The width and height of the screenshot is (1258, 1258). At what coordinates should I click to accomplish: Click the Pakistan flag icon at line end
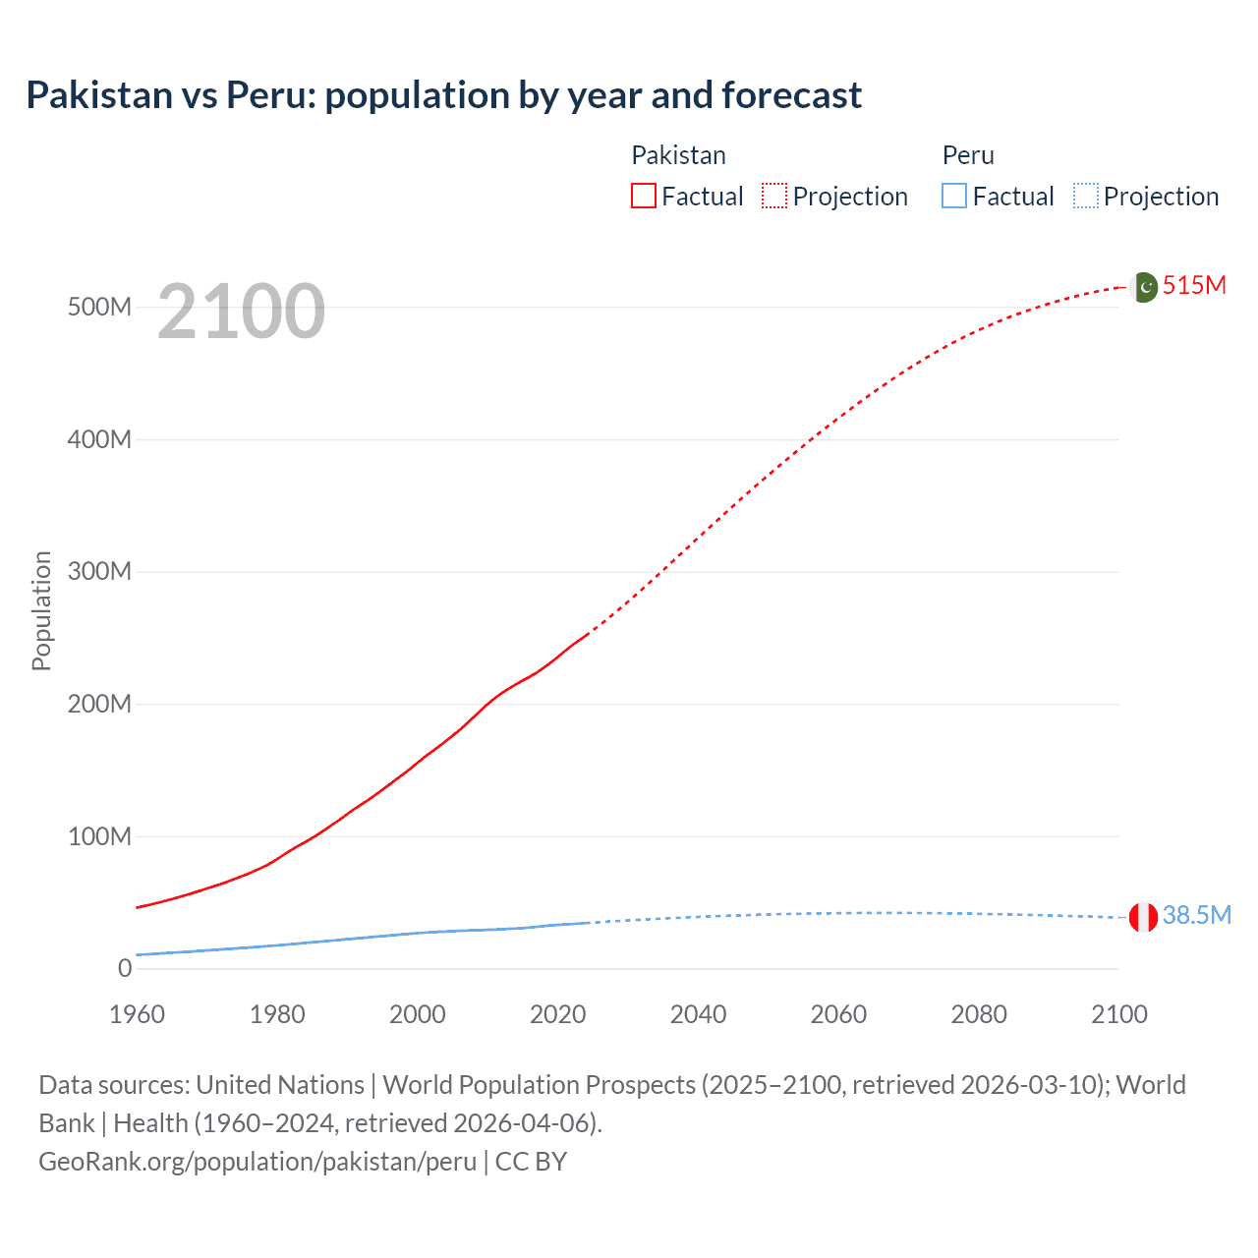[x=1143, y=287]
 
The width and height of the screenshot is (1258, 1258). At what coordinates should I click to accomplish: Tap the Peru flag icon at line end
[x=1143, y=917]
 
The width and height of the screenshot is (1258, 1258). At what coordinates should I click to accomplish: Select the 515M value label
[x=1194, y=286]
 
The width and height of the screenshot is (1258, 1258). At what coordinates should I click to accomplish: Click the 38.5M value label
[x=1196, y=916]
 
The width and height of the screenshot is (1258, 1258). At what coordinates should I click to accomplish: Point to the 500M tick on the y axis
[x=99, y=308]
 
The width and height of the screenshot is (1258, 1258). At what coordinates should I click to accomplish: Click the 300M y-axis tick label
[x=99, y=572]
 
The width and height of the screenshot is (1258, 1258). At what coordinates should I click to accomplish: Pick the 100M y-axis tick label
[x=99, y=837]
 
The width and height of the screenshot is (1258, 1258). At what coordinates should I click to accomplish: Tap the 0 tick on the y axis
[x=125, y=969]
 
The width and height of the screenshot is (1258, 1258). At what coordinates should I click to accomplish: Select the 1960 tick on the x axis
[x=137, y=1014]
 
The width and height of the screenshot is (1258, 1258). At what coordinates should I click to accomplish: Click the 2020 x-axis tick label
[x=557, y=1014]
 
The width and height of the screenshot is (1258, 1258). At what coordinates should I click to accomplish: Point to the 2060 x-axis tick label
[x=838, y=1014]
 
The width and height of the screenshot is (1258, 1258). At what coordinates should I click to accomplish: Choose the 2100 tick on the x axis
[x=1118, y=1014]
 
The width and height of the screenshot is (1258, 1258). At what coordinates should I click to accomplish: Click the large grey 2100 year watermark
[x=241, y=312]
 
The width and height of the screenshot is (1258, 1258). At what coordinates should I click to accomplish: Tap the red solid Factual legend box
[x=643, y=197]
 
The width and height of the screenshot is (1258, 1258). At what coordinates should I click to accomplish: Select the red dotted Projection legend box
[x=774, y=197]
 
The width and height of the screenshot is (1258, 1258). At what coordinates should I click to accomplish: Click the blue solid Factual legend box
[x=954, y=197]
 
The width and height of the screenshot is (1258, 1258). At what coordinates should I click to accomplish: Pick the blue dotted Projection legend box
[x=1086, y=197]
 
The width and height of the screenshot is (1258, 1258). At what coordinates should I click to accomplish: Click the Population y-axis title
[x=41, y=610]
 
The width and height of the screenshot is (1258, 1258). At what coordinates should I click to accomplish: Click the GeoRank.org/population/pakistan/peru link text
[x=257, y=1162]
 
